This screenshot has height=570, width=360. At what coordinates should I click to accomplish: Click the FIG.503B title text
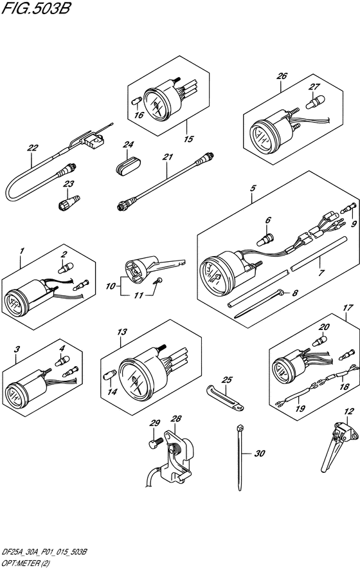pos(35,8)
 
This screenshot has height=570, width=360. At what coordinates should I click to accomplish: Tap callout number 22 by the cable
pos(33,148)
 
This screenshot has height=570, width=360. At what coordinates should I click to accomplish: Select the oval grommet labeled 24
pos(129,166)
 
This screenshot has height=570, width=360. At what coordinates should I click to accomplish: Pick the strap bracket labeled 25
pos(225,398)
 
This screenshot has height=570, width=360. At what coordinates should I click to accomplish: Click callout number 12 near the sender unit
pos(348,412)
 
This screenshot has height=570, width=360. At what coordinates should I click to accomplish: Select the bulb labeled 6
pos(267,240)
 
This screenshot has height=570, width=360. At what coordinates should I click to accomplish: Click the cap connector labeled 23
pos(69,203)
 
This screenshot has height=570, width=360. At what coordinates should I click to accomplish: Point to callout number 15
pos(188,139)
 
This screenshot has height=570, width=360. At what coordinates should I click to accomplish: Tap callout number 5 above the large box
pos(253,188)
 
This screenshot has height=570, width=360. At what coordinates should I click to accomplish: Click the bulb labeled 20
pos(319,341)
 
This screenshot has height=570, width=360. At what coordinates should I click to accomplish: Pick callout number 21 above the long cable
pos(168,157)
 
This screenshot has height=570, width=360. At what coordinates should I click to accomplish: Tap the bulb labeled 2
pos(66,268)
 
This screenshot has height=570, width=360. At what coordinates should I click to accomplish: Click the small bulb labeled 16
pos(135,101)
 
